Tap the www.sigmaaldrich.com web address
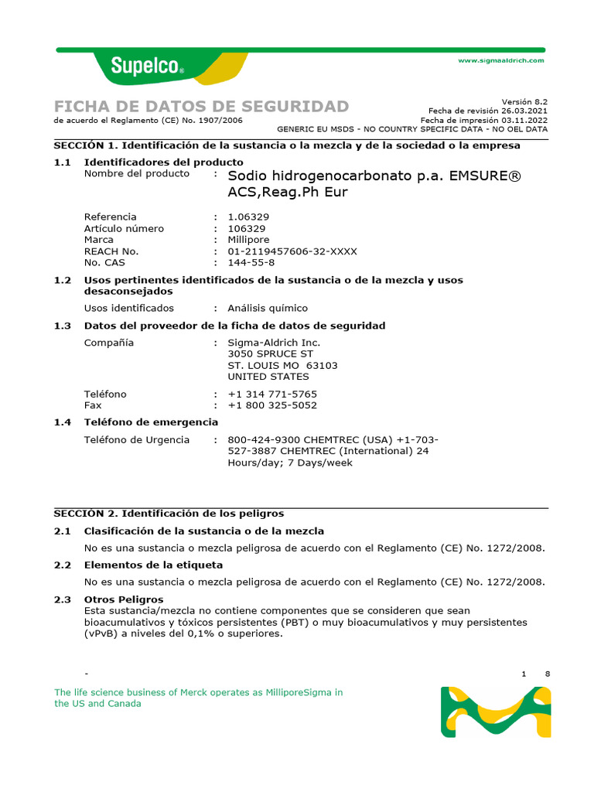501,60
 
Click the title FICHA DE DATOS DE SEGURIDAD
201,106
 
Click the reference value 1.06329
248,217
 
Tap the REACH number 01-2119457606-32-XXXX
292,251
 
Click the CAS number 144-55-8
251,263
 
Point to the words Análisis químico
267,308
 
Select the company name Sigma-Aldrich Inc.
274,343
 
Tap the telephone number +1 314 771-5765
272,394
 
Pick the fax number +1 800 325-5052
272,405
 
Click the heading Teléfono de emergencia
151,422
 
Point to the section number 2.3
62,599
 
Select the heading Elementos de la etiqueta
153,565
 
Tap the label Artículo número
124,229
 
